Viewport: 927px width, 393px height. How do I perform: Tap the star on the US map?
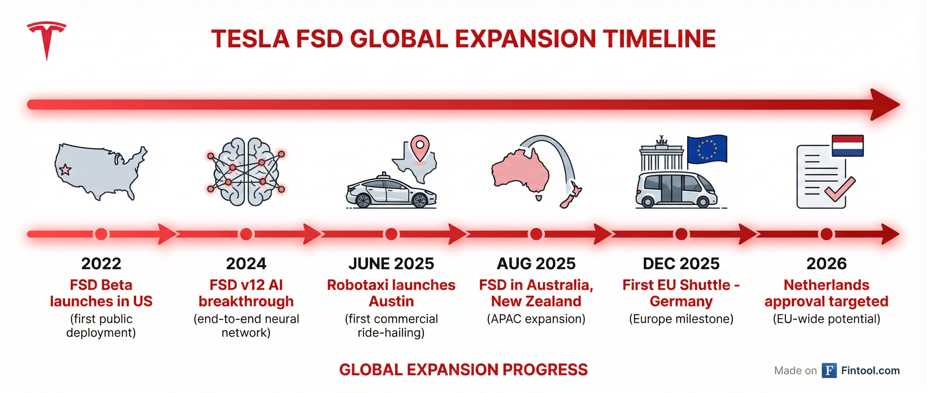click(65, 169)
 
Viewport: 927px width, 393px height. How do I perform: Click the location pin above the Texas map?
click(420, 148)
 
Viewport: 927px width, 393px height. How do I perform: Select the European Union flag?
click(707, 149)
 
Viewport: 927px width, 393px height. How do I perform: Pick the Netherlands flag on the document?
click(847, 146)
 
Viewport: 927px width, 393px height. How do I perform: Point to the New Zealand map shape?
click(571, 194)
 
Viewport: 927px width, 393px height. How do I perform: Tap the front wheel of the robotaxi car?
click(420, 200)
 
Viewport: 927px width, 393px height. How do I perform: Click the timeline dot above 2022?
click(101, 234)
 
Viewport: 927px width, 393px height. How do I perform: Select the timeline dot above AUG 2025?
click(536, 234)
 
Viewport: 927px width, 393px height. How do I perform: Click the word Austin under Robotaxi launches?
click(392, 301)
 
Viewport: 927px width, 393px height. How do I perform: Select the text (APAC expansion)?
click(536, 319)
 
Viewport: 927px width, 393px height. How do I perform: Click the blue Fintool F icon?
click(829, 370)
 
